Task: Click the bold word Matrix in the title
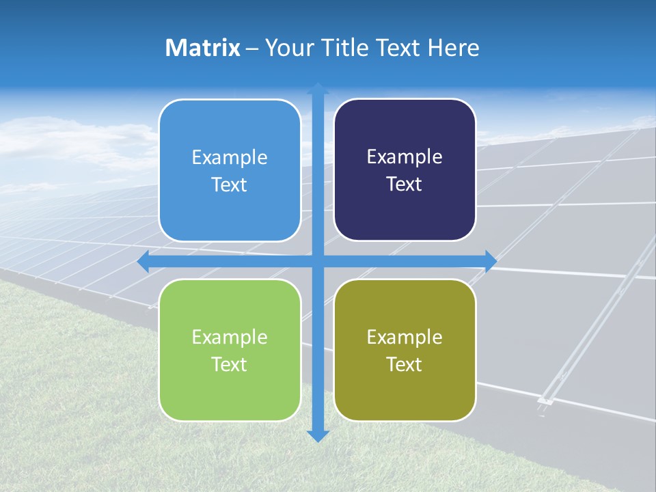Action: point(202,48)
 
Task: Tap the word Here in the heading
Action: point(453,48)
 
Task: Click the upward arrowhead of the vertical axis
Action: point(318,88)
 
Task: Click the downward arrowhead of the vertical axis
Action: point(318,435)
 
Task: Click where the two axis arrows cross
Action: point(318,261)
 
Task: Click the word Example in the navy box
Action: point(405,156)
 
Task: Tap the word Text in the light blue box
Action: point(230,184)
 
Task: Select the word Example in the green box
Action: point(230,337)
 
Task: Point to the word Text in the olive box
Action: point(405,364)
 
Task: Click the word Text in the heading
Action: point(397,48)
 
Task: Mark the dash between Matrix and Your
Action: point(252,49)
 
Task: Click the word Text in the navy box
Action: point(405,184)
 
